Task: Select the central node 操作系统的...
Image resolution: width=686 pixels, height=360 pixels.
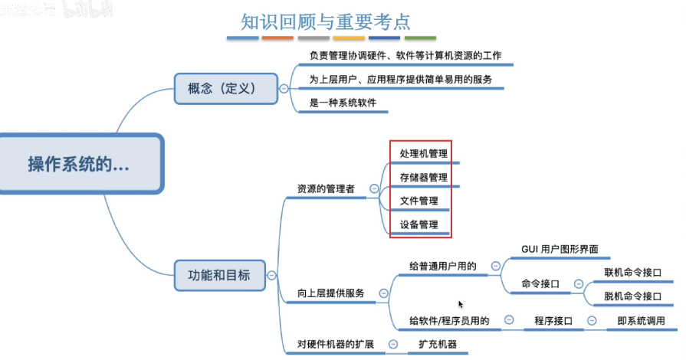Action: (x=78, y=164)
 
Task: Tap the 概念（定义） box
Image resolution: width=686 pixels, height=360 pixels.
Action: (x=225, y=87)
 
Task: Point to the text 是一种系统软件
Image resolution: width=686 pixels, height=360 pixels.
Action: (x=343, y=103)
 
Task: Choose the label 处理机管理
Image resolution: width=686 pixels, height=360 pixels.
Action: (x=423, y=153)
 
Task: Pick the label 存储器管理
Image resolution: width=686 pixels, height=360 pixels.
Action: (x=423, y=177)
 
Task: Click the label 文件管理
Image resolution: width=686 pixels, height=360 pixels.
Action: (x=418, y=201)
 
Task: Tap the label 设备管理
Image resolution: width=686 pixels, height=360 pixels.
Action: (x=418, y=224)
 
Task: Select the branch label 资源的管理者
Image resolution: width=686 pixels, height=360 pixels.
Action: (x=326, y=188)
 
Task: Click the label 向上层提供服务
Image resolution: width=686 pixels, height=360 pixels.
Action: (x=331, y=293)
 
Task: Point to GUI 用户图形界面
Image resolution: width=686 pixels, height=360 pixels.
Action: (x=560, y=250)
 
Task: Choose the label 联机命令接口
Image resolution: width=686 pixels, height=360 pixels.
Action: (x=633, y=272)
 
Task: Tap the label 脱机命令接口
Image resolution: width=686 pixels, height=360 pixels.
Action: (x=633, y=296)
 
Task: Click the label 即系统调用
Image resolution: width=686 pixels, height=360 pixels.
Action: (x=641, y=321)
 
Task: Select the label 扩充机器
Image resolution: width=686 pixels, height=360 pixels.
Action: (x=438, y=344)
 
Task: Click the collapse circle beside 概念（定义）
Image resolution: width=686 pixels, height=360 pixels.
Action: (x=284, y=88)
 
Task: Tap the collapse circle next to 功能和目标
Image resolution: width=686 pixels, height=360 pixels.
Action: (x=271, y=273)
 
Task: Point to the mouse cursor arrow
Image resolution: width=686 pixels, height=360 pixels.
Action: (x=461, y=304)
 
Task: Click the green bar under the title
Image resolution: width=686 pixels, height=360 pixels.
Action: (x=420, y=38)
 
